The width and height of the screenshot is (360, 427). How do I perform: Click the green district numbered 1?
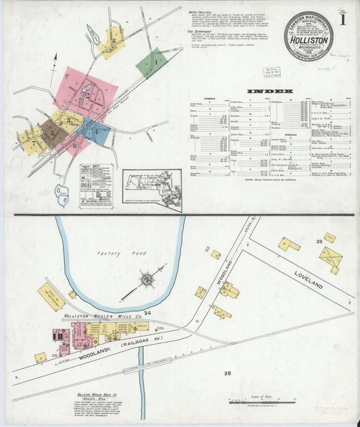[x=152, y=63]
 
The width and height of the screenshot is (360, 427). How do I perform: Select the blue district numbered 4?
[x=95, y=131]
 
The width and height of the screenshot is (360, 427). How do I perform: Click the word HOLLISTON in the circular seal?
[x=307, y=40]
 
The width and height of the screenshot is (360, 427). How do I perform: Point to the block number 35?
[x=228, y=372]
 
